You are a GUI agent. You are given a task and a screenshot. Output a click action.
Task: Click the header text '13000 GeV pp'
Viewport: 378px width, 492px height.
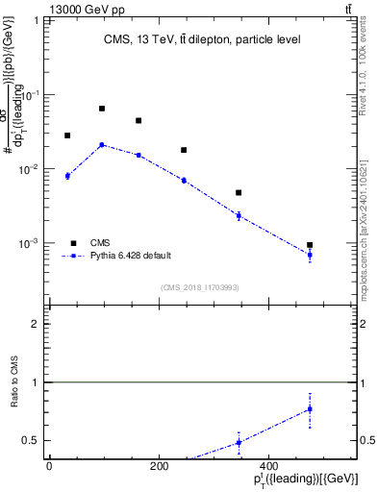click(40, 9)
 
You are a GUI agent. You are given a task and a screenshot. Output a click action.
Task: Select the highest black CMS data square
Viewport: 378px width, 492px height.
click(102, 109)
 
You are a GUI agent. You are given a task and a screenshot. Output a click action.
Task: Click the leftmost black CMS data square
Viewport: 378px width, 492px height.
click(67, 135)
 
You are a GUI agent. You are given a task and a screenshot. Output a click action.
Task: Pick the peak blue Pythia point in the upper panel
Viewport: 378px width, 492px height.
click(102, 145)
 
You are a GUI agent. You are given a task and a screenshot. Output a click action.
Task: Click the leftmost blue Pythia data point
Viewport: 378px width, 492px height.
click(67, 176)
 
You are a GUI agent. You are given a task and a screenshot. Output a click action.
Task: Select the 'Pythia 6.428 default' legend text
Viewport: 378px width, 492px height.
click(131, 256)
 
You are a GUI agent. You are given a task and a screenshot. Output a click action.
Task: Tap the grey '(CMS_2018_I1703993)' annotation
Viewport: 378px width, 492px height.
click(200, 286)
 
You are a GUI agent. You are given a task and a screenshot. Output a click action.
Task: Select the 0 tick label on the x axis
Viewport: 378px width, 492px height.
click(49, 466)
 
